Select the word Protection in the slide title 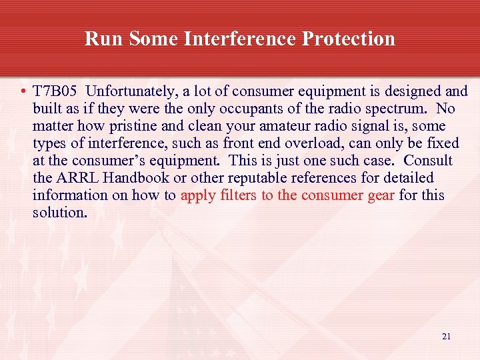pyautogui.click(x=348, y=39)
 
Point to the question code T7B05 pyautogui.click(x=57, y=91)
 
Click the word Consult pyautogui.click(x=428, y=161)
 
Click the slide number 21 pyautogui.click(x=446, y=337)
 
